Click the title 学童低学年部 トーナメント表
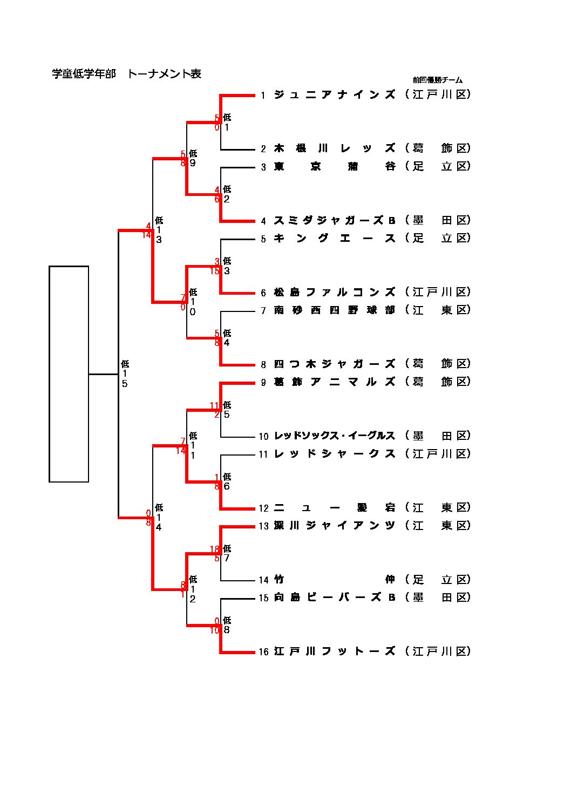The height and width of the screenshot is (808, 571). click(126, 74)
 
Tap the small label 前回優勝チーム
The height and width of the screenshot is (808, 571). click(438, 80)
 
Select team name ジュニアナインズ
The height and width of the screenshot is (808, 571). click(335, 95)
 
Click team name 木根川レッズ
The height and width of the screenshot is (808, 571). click(335, 148)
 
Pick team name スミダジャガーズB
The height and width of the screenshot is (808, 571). click(335, 220)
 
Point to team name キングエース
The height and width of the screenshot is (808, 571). click(335, 239)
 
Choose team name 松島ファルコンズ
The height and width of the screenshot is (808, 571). click(335, 292)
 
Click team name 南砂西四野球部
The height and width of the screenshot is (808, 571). click(335, 310)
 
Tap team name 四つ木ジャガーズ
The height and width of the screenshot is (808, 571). click(335, 364)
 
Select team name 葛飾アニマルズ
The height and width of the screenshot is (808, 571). click(335, 382)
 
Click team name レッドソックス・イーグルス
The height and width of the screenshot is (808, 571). click(335, 436)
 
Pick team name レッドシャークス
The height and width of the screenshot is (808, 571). click(335, 454)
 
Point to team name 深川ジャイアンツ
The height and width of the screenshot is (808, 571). click(335, 526)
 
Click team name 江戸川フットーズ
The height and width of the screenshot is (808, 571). click(335, 651)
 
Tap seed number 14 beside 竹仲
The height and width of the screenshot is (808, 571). click(263, 580)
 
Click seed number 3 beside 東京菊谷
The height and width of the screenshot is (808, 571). click(263, 167)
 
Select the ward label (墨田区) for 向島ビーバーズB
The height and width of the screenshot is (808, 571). click(438, 597)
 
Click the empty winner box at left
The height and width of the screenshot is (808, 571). click(69, 374)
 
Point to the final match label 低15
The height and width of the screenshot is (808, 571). click(125, 374)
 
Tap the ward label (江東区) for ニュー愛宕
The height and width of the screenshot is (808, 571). click(438, 508)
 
